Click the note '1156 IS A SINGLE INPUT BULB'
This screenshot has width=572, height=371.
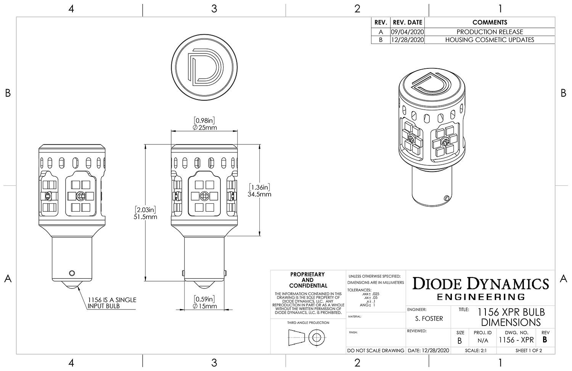tap(112, 303)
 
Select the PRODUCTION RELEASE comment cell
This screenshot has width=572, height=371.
tap(490, 32)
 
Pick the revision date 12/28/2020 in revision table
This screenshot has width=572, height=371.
tap(407, 40)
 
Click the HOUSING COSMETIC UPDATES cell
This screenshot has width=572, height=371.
tap(490, 40)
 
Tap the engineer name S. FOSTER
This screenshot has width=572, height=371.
tap(429, 318)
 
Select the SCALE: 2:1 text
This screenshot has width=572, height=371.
tap(476, 350)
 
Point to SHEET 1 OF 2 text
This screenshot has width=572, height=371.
tap(529, 350)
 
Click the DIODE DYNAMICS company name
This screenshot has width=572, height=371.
tap(481, 284)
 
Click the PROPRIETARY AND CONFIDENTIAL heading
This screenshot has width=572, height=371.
tap(308, 280)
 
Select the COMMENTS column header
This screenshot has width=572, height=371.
tap(490, 23)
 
